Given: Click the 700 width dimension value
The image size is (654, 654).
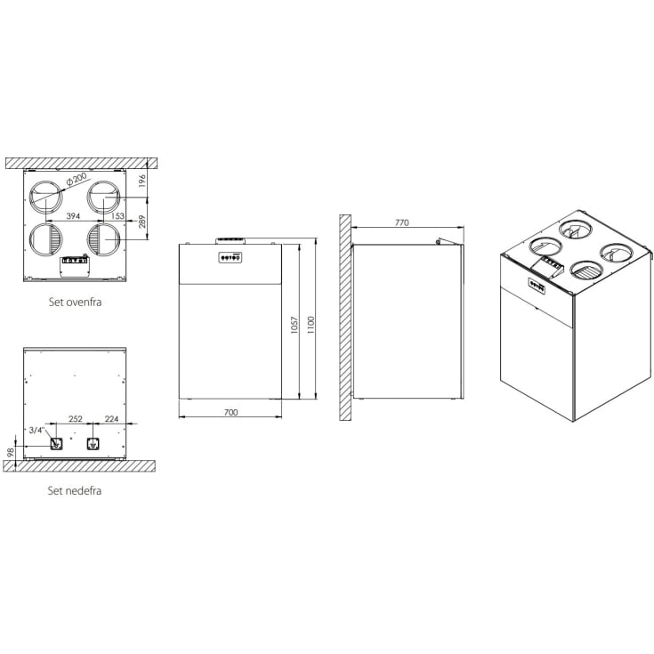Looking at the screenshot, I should [x=231, y=414].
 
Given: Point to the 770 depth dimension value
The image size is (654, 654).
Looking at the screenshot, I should [x=401, y=223].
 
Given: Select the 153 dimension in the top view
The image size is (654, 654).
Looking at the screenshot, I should [x=117, y=215].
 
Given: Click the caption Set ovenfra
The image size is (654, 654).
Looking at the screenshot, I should [x=75, y=302].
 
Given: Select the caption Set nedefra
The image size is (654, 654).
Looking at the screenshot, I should [x=75, y=489].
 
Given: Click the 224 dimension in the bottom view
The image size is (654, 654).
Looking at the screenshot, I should [x=111, y=419].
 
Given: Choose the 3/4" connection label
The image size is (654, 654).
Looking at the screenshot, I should [x=36, y=429].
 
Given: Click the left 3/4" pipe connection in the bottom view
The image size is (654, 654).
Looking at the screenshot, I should [x=57, y=443].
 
